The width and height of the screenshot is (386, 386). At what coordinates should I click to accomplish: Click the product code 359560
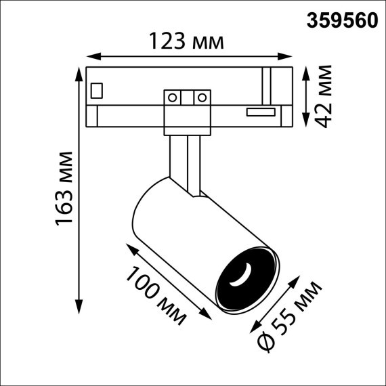coord(343,20)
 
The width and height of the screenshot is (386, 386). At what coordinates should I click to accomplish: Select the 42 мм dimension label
coord(325,95)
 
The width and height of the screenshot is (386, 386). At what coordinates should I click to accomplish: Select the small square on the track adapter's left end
coord(98,89)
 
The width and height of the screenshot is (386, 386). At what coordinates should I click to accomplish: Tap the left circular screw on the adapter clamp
coord(173,98)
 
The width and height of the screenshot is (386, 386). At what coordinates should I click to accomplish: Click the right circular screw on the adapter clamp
coord(200,98)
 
